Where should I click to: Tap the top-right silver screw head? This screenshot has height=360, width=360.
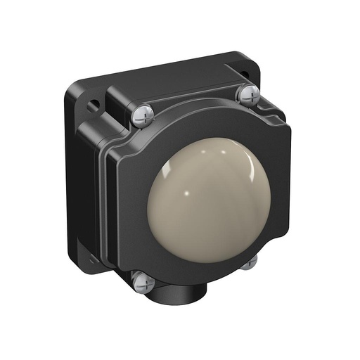(248, 94)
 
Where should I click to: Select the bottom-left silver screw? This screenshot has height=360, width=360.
(143, 282)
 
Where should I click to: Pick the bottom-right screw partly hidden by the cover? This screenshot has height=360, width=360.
(248, 262)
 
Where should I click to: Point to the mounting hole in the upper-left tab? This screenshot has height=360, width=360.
(93, 105)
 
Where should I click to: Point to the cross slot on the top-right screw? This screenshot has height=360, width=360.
(248, 94)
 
